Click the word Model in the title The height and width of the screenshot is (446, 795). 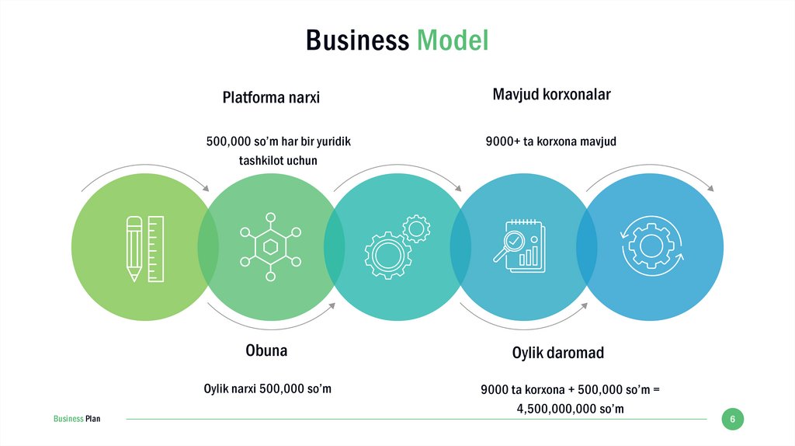453,40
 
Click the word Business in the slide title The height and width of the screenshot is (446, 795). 357,40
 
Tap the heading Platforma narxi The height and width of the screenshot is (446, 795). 271,98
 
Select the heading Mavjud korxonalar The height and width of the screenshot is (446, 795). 551,95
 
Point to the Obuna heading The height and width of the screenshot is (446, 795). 266,350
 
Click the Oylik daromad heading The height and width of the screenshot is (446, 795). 557,353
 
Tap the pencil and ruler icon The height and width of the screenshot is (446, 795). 145,249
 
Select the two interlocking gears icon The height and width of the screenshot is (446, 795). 396,246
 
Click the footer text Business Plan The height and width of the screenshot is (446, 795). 77,420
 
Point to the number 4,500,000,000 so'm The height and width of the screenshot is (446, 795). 570,409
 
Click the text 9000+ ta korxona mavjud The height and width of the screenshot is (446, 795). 550,141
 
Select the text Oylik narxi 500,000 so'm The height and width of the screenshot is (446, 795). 267,389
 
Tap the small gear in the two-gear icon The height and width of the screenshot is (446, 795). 417,228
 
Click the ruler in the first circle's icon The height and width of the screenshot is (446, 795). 155,249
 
